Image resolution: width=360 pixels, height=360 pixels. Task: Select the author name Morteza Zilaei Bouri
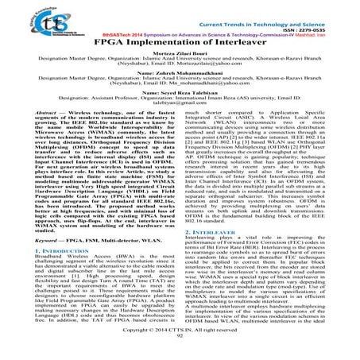coord(180,54)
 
